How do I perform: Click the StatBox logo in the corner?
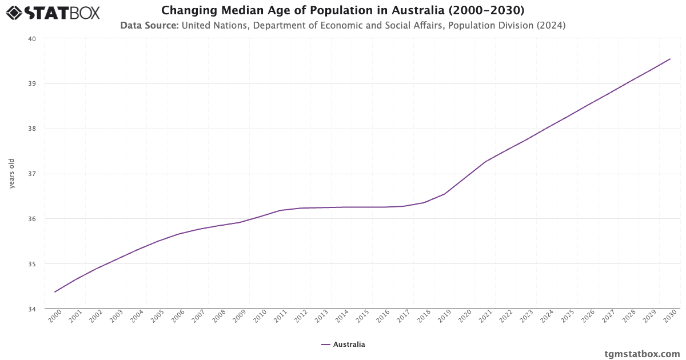(53, 12)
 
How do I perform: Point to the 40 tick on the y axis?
(32, 39)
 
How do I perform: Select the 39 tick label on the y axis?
(32, 84)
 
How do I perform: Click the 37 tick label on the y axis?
(32, 174)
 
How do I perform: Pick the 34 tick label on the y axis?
(32, 309)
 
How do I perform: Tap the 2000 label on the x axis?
(55, 317)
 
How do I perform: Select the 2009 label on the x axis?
(240, 317)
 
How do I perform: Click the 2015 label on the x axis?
(362, 317)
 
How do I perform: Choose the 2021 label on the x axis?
(485, 317)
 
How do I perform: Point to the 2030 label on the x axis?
(670, 317)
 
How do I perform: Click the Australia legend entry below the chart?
(343, 345)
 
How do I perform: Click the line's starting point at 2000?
(55, 292)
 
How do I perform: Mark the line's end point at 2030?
(670, 59)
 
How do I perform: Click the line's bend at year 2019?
(444, 194)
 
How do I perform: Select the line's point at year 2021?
(485, 162)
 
